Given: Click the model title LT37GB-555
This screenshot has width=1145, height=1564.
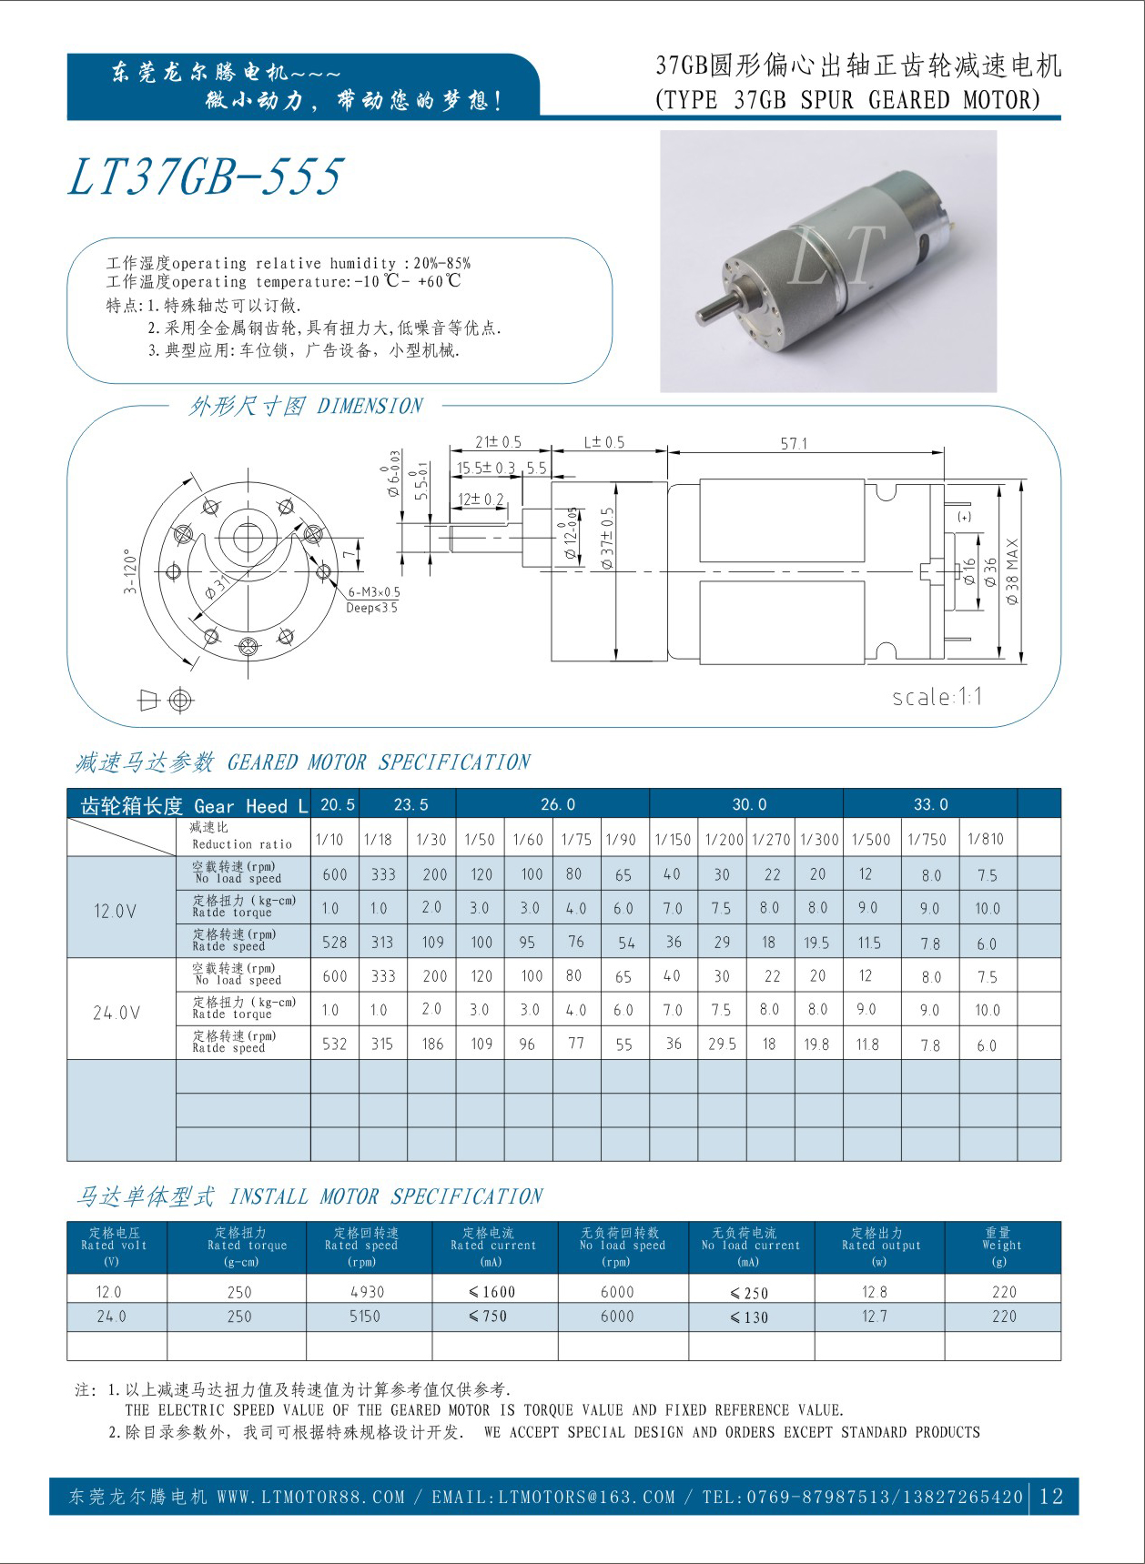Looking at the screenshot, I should [206, 177].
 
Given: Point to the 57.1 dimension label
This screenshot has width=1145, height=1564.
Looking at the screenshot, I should [794, 443].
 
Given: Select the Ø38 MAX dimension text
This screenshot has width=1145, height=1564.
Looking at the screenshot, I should [1013, 572].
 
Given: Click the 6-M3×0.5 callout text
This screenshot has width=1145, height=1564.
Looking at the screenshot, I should [374, 591].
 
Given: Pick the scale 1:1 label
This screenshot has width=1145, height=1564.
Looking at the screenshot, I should [937, 697].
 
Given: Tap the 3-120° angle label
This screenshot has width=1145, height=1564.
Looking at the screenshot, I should [130, 571].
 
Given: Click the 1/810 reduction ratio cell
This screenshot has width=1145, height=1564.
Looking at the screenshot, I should [986, 839].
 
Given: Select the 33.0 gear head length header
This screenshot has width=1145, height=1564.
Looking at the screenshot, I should [930, 804].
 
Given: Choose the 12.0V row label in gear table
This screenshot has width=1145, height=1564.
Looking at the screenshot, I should [116, 910].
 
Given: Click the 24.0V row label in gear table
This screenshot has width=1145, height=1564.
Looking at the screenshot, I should [117, 1012].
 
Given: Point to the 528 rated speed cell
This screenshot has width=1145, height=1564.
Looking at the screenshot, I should [335, 943].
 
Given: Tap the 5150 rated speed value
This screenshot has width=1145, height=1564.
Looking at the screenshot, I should [365, 1316].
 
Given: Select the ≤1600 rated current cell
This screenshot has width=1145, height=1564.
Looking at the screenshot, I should [492, 1292].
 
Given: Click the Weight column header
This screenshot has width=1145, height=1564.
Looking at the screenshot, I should [1002, 1246].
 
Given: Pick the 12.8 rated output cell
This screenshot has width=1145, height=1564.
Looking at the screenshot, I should [875, 1292].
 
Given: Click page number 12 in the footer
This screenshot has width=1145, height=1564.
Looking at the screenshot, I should [1051, 1497].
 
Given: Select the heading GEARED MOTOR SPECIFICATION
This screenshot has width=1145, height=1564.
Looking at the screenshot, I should [379, 762].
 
